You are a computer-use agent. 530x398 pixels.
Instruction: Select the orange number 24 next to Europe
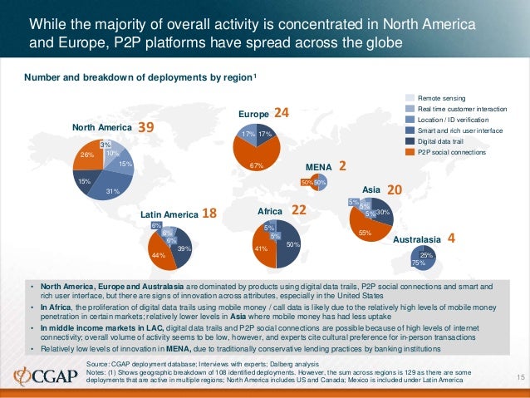(282, 112)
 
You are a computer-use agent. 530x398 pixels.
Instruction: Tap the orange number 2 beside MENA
(341, 165)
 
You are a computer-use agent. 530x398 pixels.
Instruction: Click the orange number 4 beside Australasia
(451, 237)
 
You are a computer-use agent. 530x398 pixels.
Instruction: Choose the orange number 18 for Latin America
(209, 213)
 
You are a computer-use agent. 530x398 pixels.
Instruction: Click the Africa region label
(272, 213)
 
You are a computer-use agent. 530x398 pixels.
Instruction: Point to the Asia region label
(371, 189)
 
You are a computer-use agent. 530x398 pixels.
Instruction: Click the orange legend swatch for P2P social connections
(410, 152)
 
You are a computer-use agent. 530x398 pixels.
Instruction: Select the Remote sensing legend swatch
(410, 98)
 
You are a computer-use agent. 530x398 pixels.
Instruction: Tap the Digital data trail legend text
(443, 141)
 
